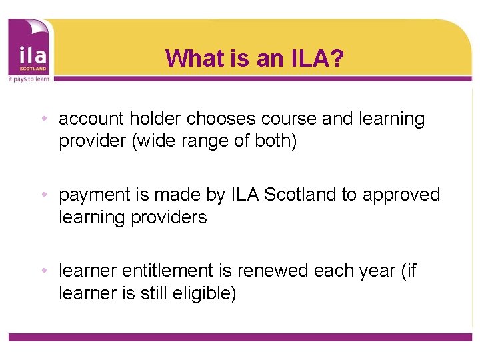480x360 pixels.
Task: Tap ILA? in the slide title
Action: [x=317, y=59]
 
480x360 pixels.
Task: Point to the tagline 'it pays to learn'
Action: [x=29, y=78]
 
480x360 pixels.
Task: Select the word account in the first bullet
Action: [x=91, y=119]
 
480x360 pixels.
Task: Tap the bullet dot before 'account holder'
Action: [x=43, y=119]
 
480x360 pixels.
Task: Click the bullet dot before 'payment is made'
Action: [x=43, y=195]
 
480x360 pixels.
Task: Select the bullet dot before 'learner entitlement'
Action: [x=43, y=271]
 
